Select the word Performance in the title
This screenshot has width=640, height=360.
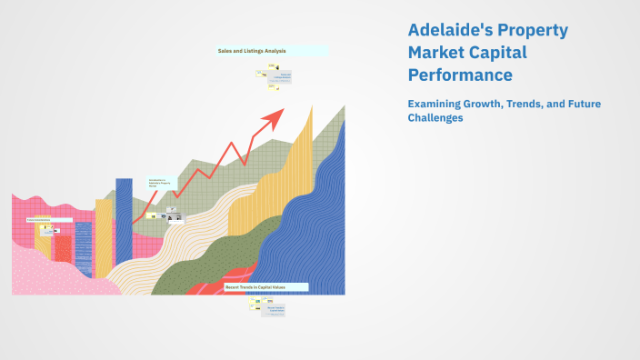coord(460,75)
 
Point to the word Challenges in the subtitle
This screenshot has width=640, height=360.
coord(435,118)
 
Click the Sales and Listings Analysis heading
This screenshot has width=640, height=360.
coord(252,51)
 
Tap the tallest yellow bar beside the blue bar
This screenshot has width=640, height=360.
coord(104,236)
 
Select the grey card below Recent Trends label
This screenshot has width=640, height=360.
coord(275,308)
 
